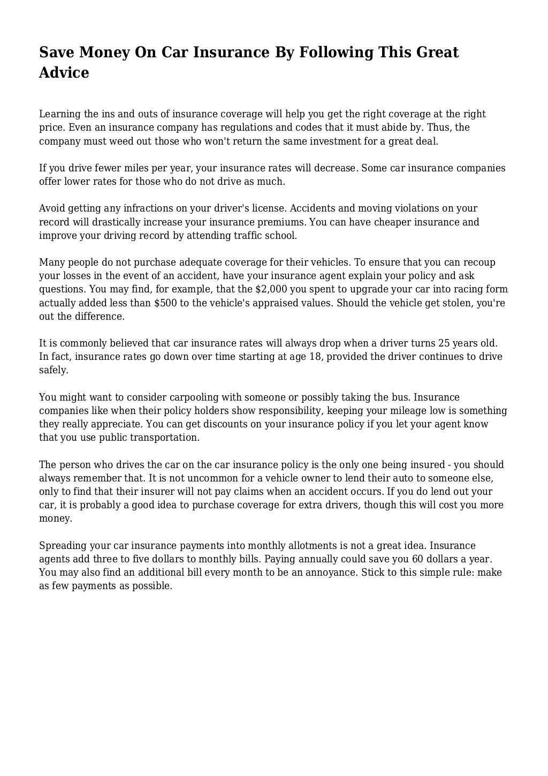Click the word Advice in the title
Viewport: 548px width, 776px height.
pos(64,72)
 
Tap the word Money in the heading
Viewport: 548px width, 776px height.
pos(104,52)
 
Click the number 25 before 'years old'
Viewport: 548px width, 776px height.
pos(444,343)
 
